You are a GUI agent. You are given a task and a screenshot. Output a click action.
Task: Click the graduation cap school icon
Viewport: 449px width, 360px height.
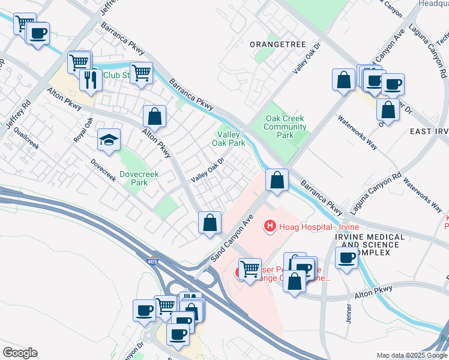(109, 140)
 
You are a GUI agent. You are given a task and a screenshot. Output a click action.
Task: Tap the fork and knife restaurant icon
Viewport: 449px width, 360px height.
(91, 79)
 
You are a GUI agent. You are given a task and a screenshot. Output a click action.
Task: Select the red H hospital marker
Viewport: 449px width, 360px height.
(270, 226)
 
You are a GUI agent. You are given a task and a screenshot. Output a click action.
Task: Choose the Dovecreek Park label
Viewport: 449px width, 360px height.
(134, 178)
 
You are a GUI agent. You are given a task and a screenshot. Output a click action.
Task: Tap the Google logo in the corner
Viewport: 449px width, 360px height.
(20, 352)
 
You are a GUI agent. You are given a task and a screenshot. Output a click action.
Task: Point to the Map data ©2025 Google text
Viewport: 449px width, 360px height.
(411, 355)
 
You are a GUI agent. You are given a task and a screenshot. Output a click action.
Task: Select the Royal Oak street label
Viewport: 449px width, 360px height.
(83, 130)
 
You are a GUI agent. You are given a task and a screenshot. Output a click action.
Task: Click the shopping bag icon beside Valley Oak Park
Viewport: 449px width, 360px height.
(154, 116)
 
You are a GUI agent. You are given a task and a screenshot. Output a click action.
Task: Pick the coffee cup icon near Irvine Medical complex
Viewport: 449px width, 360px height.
(346, 259)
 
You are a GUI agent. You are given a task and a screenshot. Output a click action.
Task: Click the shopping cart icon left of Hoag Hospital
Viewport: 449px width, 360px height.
(249, 268)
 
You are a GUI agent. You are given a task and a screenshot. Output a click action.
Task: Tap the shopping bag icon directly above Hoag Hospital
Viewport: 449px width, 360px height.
(277, 179)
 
